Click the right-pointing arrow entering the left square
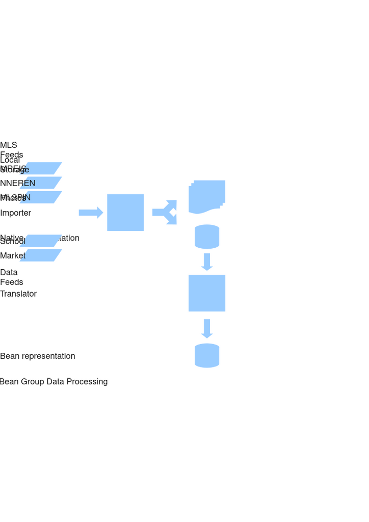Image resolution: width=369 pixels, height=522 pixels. (x=90, y=212)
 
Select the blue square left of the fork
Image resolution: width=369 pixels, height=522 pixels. (x=125, y=212)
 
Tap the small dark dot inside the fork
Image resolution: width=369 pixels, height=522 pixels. (x=173, y=212)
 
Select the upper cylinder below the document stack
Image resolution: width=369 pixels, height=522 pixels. (x=207, y=237)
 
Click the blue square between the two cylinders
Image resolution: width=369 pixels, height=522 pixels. (x=206, y=293)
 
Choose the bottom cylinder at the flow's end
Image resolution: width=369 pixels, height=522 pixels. (x=207, y=355)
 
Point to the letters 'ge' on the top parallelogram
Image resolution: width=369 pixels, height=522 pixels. (x=24, y=170)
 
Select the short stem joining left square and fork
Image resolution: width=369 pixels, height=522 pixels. (x=156, y=212)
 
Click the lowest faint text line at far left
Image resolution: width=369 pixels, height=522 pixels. (x=54, y=382)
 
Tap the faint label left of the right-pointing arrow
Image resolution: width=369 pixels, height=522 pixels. (x=15, y=213)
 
